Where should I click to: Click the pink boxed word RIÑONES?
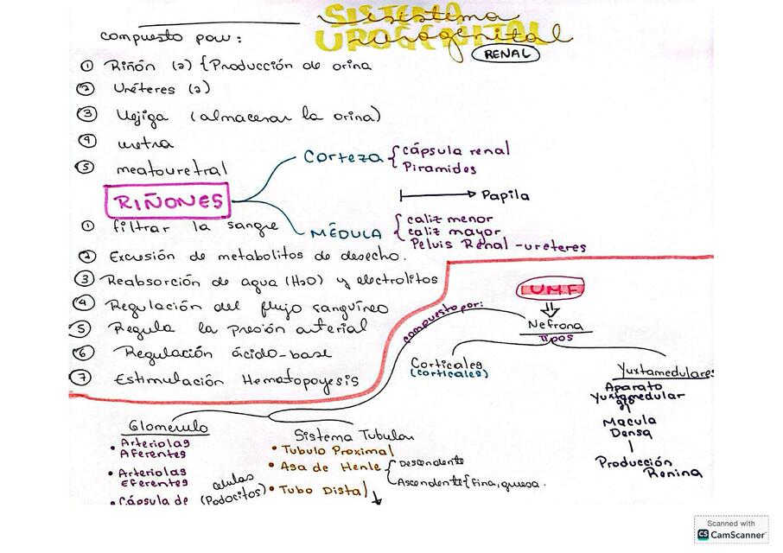click(167, 202)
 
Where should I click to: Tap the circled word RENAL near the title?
click(506, 54)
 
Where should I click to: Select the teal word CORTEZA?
click(343, 157)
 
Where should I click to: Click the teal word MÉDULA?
click(347, 233)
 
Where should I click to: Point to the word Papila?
click(506, 195)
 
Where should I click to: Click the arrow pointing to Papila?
click(437, 194)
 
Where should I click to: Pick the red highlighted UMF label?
click(551, 289)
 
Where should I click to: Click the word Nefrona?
click(555, 326)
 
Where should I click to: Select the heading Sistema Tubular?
click(353, 435)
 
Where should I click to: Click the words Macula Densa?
click(628, 426)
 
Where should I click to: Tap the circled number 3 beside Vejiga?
click(86, 113)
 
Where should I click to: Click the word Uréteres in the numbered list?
click(143, 88)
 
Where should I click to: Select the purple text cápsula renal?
click(455, 150)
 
